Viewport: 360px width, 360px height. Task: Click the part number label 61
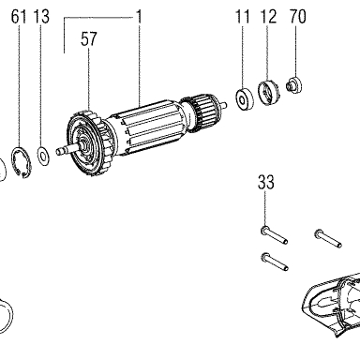point(19,17)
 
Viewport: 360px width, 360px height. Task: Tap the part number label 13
point(41,17)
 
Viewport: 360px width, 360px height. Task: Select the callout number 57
point(89,39)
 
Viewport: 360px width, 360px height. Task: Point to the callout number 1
point(139,17)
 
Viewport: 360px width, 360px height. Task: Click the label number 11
point(242,17)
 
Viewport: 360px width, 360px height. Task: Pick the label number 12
point(268,17)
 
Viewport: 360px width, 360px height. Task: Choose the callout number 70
point(297,17)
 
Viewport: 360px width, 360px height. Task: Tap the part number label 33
point(266,183)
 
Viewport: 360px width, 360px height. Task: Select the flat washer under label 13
point(43,155)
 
